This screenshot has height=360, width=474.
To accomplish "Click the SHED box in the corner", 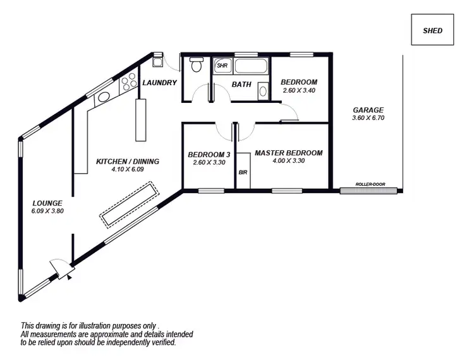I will click(432, 30).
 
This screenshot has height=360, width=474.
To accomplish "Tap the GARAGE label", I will click(368, 110).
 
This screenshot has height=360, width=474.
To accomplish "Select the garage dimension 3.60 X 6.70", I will click(368, 118).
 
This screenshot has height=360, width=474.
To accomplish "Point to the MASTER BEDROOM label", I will click(288, 153).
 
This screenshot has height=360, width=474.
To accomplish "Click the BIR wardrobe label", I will click(242, 172).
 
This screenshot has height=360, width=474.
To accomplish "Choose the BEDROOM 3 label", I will click(209, 155).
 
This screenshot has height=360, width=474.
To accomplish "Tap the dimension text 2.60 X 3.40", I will click(299, 91).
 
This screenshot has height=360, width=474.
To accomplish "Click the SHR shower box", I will click(222, 65).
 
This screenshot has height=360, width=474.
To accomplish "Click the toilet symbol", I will click(195, 64).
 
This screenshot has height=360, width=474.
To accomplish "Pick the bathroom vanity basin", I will click(263, 92).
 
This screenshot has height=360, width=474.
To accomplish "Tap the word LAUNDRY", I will click(159, 83).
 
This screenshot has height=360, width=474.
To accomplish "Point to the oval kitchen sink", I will click(104, 97).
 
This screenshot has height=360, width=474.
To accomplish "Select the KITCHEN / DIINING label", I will click(127, 162).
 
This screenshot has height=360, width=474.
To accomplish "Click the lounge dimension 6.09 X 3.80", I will click(48, 211).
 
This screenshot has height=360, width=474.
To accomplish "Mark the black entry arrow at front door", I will click(70, 275).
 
